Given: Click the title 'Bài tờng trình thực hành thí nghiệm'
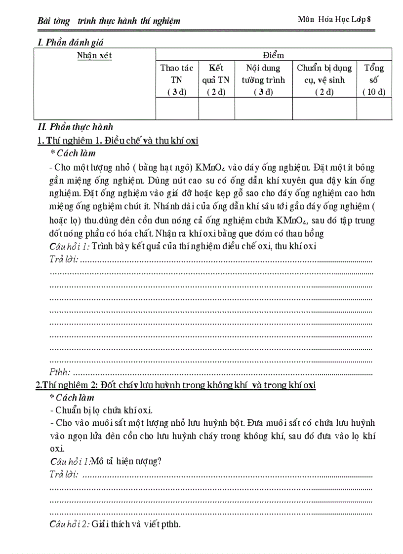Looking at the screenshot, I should point(109,21).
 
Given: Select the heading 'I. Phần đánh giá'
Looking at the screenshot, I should point(71,43).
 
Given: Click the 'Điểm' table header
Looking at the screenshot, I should point(274,55).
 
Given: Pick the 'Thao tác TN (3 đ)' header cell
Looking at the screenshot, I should point(177,79).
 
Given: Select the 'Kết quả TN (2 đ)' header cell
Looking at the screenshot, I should point(216,79).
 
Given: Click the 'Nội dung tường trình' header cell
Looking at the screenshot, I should point(263,79).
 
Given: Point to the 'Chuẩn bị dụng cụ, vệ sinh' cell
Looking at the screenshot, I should point(324,79).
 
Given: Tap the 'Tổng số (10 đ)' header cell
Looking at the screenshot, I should point(374,79).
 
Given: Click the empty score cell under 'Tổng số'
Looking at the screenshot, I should point(374,109).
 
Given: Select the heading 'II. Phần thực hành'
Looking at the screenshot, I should point(76,127).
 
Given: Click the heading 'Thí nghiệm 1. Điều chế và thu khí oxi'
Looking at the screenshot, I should point(118,141).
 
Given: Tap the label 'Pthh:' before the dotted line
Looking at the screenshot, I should point(60,372).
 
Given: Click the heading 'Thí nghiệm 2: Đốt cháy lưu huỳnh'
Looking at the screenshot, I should point(175,385).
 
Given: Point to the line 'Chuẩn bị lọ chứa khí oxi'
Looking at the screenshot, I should point(104,410).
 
